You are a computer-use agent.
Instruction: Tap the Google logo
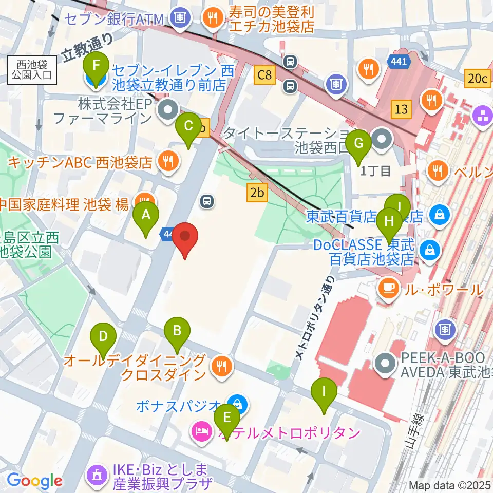[34, 481]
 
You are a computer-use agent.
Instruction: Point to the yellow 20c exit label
[477, 78]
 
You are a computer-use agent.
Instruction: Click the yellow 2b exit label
[257, 193]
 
